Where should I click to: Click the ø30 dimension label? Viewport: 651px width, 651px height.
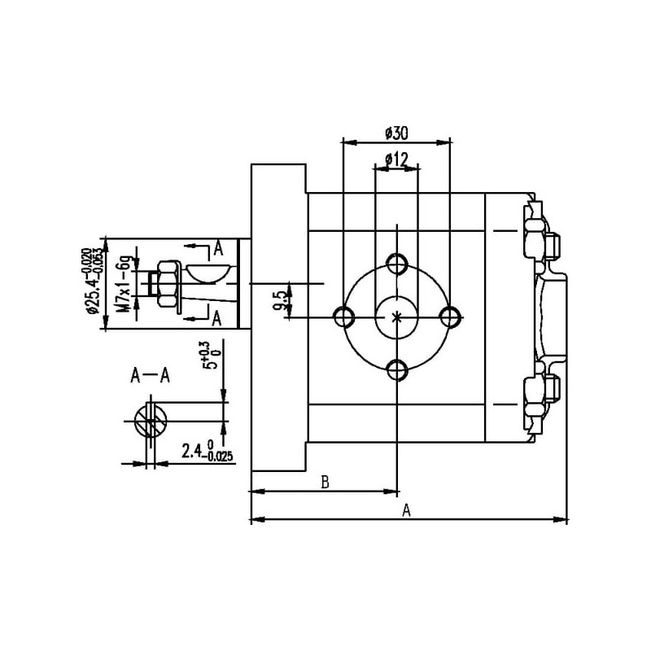pyautogui.click(x=396, y=133)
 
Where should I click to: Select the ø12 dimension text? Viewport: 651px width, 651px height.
pyautogui.click(x=396, y=159)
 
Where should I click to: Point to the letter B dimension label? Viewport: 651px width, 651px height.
pyautogui.click(x=325, y=483)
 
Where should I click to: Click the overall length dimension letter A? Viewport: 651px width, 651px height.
pyautogui.click(x=406, y=510)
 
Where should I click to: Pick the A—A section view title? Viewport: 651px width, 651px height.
pyautogui.click(x=150, y=376)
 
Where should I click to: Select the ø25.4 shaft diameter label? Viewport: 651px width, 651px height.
pyautogui.click(x=92, y=280)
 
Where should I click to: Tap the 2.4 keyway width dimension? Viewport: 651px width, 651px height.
pyautogui.click(x=208, y=451)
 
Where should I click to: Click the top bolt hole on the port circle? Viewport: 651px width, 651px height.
pyautogui.click(x=397, y=264)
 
